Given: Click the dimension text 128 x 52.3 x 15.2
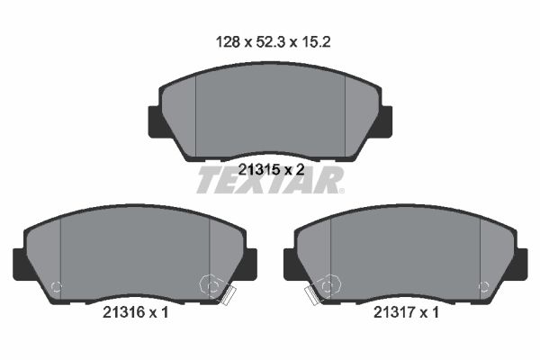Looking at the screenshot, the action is point(273,42).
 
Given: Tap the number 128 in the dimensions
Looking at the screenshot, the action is point(228,42).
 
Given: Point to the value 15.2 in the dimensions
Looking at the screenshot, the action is point(316,42).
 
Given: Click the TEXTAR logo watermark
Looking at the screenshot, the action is point(270,180).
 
